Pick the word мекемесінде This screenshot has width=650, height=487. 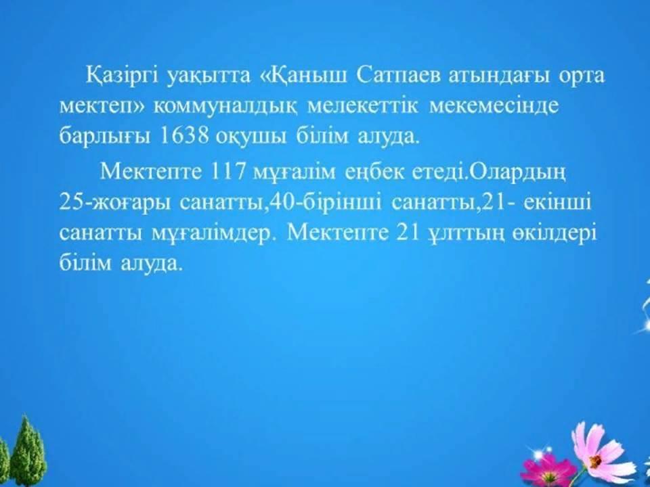click(x=494, y=106)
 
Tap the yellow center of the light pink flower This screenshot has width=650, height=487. click(x=596, y=461)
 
